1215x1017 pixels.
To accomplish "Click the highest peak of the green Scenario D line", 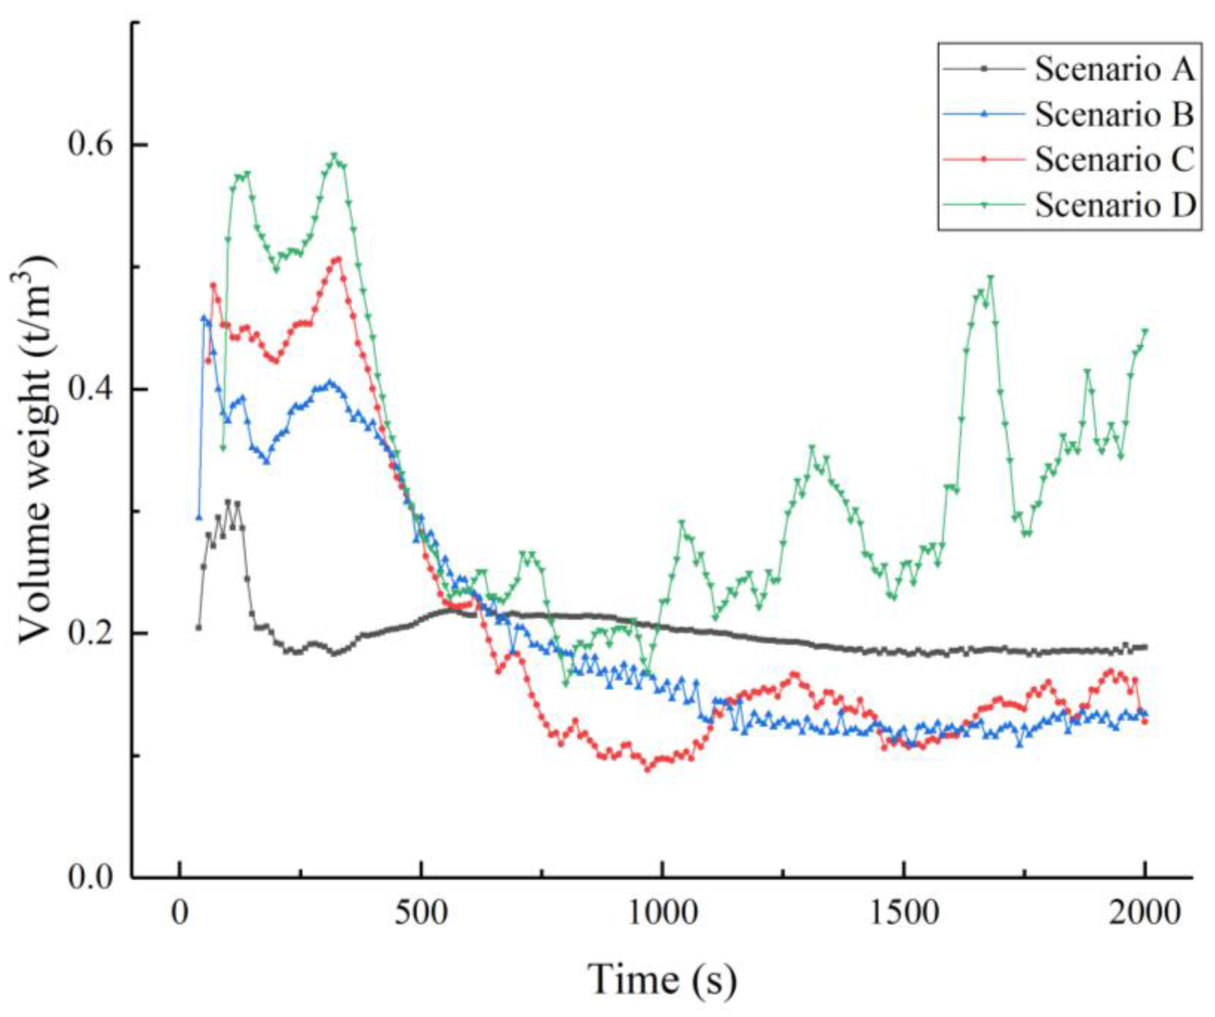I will pyautogui.click(x=334, y=156).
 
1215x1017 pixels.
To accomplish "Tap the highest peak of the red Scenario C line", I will pyautogui.click(x=338, y=258).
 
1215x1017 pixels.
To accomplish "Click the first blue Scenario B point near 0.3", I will pyautogui.click(x=198, y=517).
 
